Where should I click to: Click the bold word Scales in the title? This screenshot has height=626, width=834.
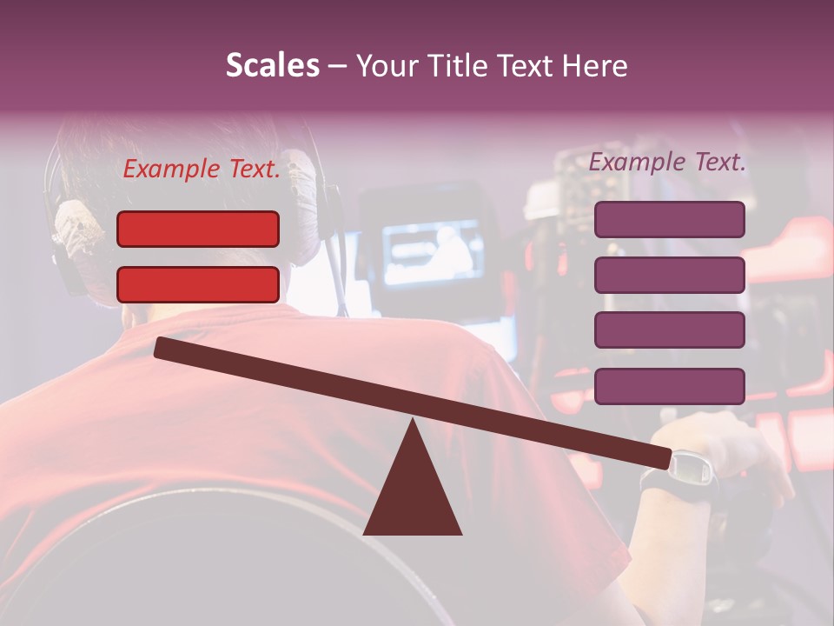272,66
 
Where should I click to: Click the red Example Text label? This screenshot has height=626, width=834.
202,170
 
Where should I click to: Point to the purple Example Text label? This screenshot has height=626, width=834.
667,162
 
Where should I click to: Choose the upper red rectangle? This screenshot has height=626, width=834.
198,229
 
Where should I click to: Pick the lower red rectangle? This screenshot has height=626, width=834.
198,284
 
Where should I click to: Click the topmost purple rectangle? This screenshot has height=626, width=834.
669,219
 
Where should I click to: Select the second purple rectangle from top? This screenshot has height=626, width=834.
669,275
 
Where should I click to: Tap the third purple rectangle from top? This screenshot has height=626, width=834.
669,330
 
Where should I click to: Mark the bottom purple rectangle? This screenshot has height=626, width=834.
669,386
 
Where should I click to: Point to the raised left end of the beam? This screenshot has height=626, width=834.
162,347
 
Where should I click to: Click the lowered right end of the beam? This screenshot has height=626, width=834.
665,458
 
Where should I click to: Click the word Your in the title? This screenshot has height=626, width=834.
386,66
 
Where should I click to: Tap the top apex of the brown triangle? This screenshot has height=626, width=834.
412,422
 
